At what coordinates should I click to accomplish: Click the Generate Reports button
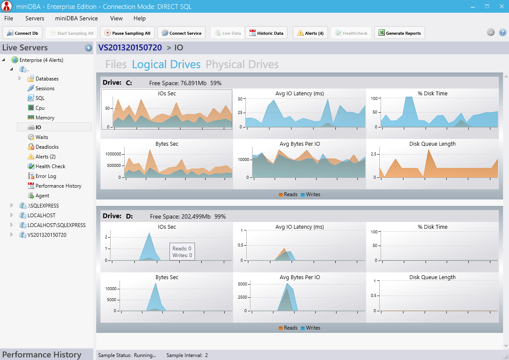[399, 33]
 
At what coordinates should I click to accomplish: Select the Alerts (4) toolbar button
[310, 33]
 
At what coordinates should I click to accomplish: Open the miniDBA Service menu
[76, 18]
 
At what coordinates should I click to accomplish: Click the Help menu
[139, 18]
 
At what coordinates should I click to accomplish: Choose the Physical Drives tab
[242, 64]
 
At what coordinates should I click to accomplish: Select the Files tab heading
[116, 64]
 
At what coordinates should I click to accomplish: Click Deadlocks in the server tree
[47, 147]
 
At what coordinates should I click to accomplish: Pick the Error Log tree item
[46, 176]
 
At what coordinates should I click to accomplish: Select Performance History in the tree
[58, 186]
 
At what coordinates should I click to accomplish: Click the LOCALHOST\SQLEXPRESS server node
[56, 225]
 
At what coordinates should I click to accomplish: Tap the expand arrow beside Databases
[19, 78]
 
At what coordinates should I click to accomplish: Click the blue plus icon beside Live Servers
[89, 48]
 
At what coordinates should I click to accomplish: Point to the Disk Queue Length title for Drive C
[432, 144]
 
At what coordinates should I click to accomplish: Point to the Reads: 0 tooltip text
[182, 249]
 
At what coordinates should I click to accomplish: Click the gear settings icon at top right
[491, 33]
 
